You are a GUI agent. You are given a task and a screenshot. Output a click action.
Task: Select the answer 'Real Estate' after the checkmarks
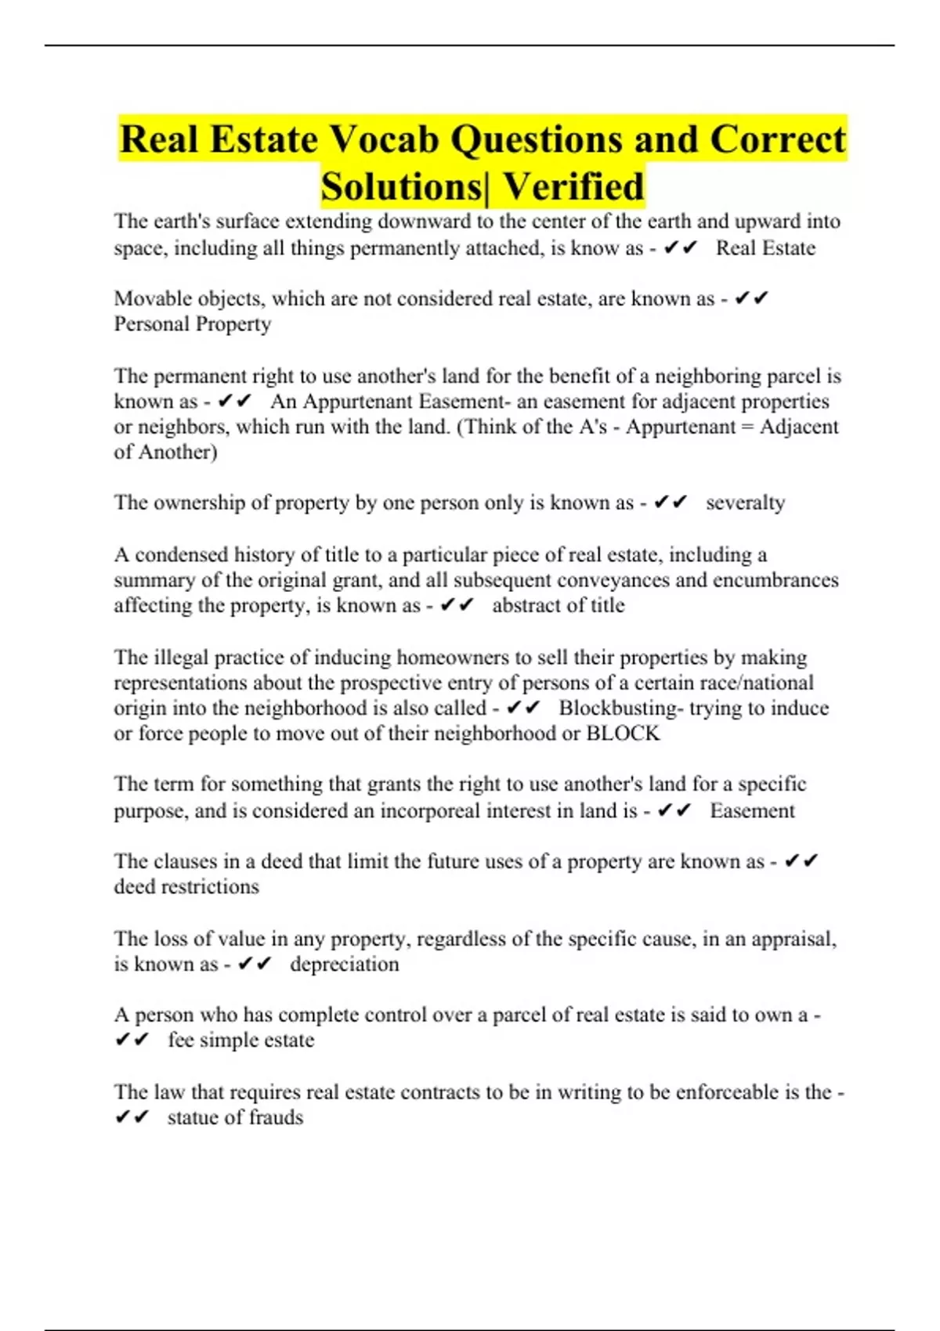[765, 248]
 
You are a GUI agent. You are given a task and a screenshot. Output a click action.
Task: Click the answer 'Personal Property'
[193, 324]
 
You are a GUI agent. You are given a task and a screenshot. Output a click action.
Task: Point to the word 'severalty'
[745, 503]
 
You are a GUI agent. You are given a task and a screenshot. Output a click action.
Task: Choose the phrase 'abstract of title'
[558, 605]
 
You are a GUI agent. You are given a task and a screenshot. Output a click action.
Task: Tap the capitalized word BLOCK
[623, 734]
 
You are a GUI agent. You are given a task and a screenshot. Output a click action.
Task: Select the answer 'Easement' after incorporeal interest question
[752, 810]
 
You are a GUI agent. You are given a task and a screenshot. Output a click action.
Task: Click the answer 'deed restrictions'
[186, 886]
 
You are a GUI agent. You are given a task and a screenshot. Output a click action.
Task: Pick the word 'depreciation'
[344, 964]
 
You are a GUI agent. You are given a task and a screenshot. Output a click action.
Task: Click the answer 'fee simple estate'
[240, 1040]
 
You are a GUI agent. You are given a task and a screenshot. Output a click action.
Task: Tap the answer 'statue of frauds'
[235, 1117]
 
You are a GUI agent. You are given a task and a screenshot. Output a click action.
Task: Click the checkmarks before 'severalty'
[671, 502]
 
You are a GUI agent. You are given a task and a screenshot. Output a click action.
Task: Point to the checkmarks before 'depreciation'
[255, 964]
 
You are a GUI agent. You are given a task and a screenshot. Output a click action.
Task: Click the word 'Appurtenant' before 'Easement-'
[357, 402]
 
